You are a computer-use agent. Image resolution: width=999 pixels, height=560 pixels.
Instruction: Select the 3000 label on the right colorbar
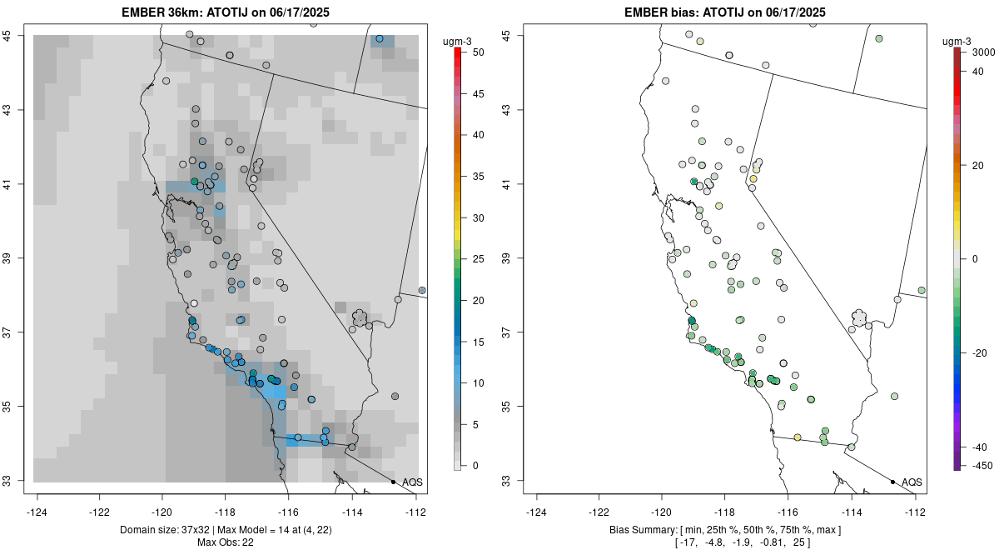click(983, 52)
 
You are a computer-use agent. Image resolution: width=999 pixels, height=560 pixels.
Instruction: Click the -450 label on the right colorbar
click(979, 465)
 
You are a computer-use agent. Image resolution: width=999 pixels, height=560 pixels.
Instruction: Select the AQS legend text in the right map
click(912, 482)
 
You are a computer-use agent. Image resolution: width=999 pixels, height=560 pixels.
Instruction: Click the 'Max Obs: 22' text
click(225, 542)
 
